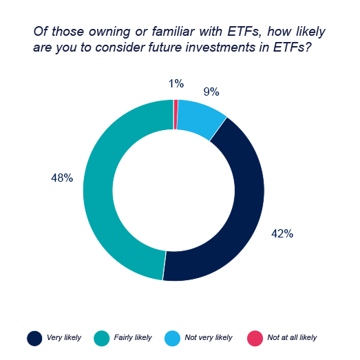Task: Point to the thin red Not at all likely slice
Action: pyautogui.click(x=176, y=105)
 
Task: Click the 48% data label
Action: pyautogui.click(x=61, y=178)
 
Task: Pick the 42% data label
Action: pyautogui.click(x=282, y=234)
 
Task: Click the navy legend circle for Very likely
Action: pyautogui.click(x=34, y=338)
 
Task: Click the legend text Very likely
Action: pyautogui.click(x=63, y=338)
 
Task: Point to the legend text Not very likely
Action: pyautogui.click(x=209, y=338)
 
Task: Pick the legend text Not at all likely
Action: pyautogui.click(x=293, y=338)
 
